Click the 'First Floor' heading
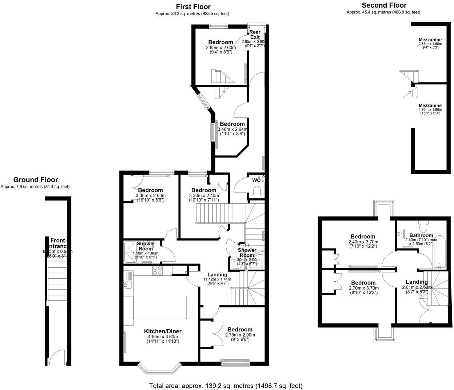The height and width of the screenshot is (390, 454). coord(193,7)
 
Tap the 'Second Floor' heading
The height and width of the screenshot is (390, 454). coord(384,5)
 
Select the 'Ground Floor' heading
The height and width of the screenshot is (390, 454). coord(35,180)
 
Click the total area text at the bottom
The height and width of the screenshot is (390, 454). coord(226,386)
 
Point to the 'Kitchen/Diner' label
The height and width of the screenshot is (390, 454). coord(163,331)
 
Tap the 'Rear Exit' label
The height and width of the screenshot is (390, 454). coord(255,35)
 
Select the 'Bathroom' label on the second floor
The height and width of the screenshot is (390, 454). coord(421,235)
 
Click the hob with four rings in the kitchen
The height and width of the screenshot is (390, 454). coord(157,270)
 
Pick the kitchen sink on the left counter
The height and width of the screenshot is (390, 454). coord(128,285)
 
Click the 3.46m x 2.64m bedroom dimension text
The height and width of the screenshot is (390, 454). coord(232,129)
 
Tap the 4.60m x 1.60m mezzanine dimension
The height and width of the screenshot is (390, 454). coord(430,110)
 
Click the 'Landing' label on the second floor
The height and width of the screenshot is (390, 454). coord(417,282)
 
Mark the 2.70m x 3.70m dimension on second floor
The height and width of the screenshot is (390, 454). coord(363,287)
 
